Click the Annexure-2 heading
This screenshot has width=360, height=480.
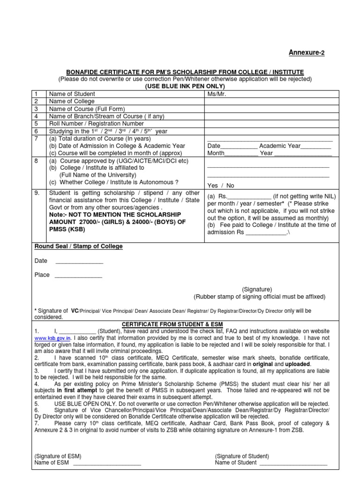click(x=306, y=52)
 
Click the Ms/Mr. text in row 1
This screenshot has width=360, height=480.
click(x=217, y=94)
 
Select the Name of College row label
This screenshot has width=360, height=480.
click(x=72, y=101)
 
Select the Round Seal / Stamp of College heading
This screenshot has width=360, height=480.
click(x=79, y=247)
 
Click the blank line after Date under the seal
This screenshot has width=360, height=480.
click(x=79, y=261)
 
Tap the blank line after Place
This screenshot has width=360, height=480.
click(x=78, y=275)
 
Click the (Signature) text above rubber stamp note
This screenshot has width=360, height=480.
click(x=257, y=289)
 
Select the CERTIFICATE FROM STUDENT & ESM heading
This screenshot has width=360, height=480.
click(x=172, y=324)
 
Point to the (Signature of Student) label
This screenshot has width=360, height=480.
click(x=242, y=456)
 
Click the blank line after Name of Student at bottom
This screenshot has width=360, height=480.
click(x=293, y=463)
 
